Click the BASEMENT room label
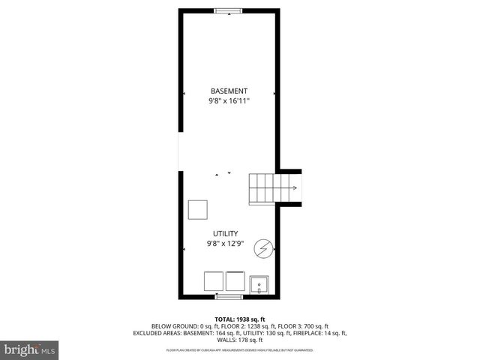click(229, 91)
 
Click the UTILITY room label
click(228, 234)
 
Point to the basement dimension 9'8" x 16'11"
click(229, 100)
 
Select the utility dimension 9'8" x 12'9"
click(228, 243)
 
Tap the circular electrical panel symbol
click(263, 248)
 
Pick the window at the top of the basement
click(228, 10)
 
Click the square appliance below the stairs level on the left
click(198, 209)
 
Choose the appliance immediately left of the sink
click(235, 280)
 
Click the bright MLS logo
click(29, 349)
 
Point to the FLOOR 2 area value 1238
click(261, 326)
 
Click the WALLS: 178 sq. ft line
click(239, 339)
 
